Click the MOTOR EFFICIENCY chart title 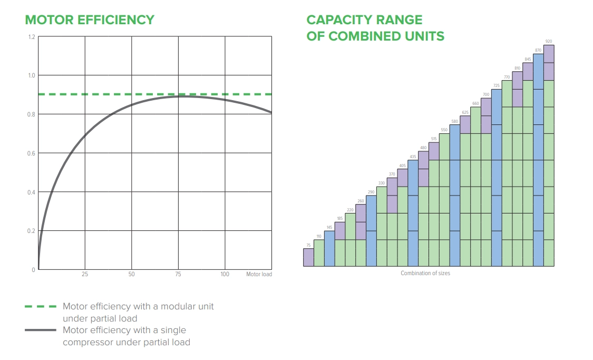[x=90, y=20]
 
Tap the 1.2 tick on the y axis [x=32, y=37]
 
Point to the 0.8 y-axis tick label [x=32, y=114]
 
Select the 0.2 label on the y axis [x=32, y=231]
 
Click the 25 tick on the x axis [x=85, y=275]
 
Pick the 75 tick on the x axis [x=178, y=275]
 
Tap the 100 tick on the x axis [x=225, y=275]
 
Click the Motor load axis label [x=259, y=275]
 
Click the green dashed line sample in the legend [x=40, y=306]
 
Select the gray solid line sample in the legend [x=40, y=330]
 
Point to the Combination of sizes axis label [x=425, y=273]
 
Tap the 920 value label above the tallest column [x=549, y=41]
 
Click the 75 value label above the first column [x=308, y=245]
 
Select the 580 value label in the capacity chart [x=454, y=121]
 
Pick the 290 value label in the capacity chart [x=371, y=192]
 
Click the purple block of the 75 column [x=308, y=257]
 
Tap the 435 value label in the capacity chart [x=413, y=157]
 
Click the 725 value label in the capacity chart [x=496, y=85]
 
